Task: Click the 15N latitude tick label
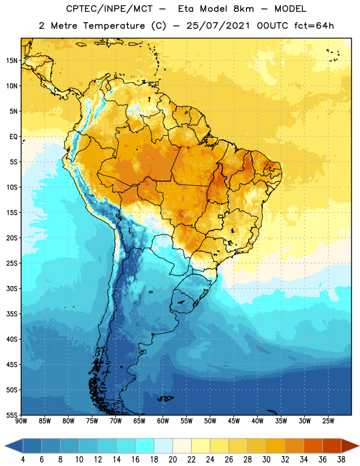(x=12, y=61)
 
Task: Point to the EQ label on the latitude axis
(x=13, y=137)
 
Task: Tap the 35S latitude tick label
(x=12, y=314)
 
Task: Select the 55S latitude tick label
(x=12, y=415)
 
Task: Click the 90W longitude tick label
(x=21, y=421)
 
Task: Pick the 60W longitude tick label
(x=163, y=421)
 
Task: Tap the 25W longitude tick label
(x=328, y=421)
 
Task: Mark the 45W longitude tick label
(x=234, y=421)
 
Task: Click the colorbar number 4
(x=23, y=460)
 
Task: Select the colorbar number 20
(x=172, y=460)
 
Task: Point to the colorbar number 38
(x=341, y=460)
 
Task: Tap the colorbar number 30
(x=266, y=460)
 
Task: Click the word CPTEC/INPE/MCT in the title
(x=109, y=9)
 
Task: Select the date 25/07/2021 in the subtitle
(x=218, y=26)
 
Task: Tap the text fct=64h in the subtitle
(x=314, y=26)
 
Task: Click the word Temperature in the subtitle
(x=114, y=26)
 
